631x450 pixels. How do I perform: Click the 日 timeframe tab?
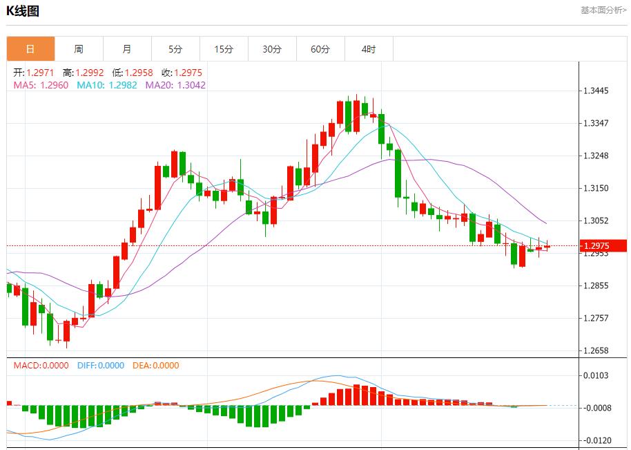(x=30, y=49)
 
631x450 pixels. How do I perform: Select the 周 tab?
(x=79, y=49)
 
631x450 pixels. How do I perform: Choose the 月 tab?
(x=127, y=49)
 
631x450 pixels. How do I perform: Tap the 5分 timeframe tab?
(x=175, y=49)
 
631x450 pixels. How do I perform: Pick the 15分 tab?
(x=224, y=49)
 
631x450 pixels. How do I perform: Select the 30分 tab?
(x=272, y=49)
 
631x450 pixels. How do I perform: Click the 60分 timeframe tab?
(x=320, y=49)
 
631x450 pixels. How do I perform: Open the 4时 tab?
(x=369, y=49)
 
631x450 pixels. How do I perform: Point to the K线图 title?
(x=23, y=11)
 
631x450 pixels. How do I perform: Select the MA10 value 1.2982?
(x=122, y=85)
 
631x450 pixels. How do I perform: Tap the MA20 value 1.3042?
(x=191, y=85)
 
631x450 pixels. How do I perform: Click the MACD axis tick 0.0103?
(x=598, y=375)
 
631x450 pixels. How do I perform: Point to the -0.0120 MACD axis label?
(x=596, y=440)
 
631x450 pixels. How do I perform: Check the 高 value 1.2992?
(x=88, y=73)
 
